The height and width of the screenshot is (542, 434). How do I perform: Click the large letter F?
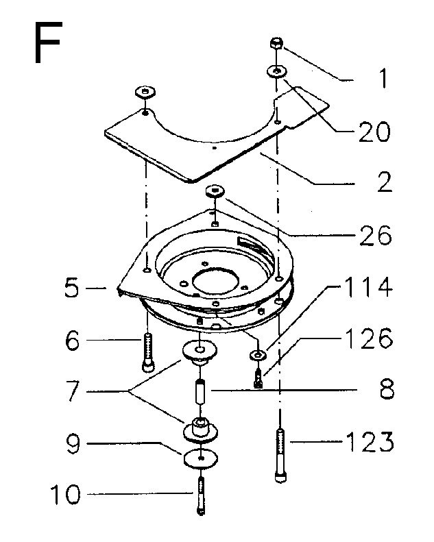coord(48,42)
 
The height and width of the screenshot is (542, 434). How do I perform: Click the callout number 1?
coord(383,78)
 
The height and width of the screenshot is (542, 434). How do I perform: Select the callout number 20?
coord(374,132)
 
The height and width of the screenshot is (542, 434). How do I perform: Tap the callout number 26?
coord(375,236)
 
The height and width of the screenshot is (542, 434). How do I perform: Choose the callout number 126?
coord(369,338)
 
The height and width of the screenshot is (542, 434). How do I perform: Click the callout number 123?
coord(370,441)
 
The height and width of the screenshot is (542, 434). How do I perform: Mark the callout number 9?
coord(73,444)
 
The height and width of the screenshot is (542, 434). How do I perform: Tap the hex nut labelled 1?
coord(276,44)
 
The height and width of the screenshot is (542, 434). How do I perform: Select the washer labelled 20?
coord(277,72)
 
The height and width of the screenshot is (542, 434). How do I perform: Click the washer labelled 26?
coord(215,190)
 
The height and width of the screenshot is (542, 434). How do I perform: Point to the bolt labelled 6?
coord(148,352)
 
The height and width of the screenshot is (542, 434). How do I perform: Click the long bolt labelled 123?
coord(281,455)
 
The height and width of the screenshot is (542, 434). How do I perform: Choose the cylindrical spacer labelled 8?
coord(200,391)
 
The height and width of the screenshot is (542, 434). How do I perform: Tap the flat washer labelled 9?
coord(201,458)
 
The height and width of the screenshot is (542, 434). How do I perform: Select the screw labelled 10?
coord(202,495)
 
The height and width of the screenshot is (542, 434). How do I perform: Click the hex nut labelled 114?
coord(257,355)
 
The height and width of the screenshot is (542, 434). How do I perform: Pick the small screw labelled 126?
coord(258,378)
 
